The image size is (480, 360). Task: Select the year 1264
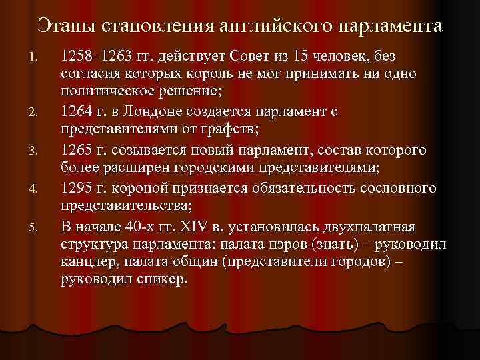click(75, 109)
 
